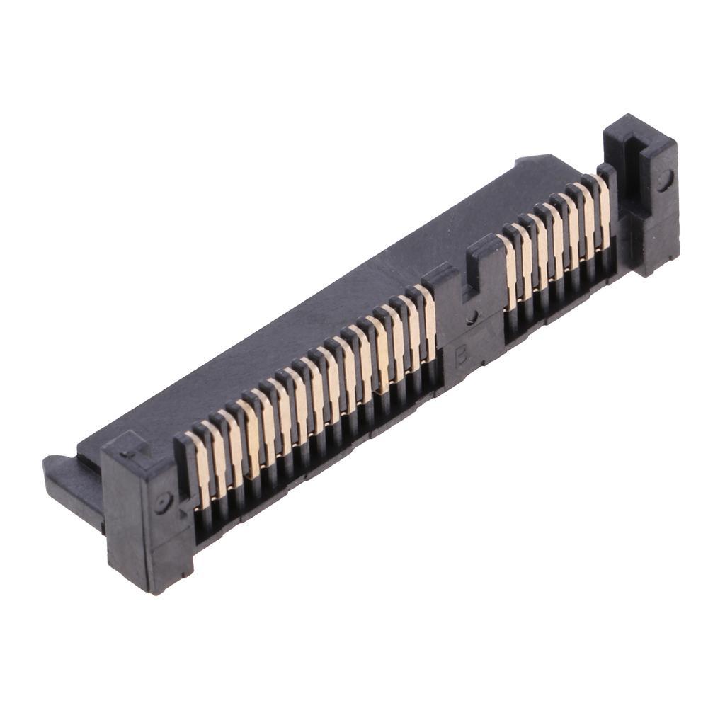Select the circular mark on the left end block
[164, 503]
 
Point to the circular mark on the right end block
[663, 180]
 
